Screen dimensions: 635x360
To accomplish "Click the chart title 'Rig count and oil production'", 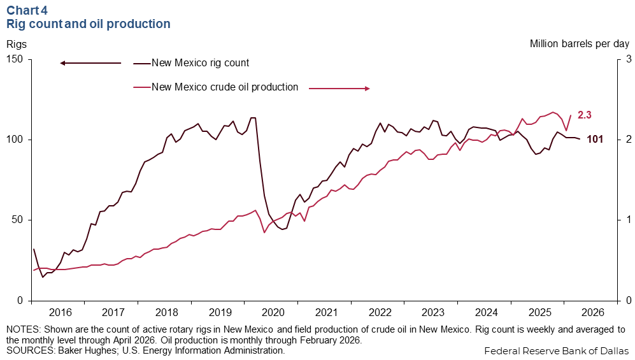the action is (x=89, y=24).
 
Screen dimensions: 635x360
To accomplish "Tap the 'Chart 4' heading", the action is (x=27, y=10).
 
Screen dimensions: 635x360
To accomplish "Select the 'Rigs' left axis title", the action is (x=17, y=44).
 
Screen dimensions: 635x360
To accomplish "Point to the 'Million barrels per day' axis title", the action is (x=580, y=44).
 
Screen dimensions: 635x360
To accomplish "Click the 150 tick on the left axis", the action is (x=14, y=59).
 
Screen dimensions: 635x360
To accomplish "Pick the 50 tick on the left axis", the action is (x=17, y=220).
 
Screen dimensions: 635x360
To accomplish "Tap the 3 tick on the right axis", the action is (x=629, y=59).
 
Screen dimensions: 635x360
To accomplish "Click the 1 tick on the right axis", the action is (x=629, y=220).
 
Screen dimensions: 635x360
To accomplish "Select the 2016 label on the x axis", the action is (x=61, y=312).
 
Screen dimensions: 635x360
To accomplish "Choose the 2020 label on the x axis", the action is (x=273, y=312).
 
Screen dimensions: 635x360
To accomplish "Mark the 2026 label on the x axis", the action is (x=593, y=312).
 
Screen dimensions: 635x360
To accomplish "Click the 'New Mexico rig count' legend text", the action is (x=201, y=63).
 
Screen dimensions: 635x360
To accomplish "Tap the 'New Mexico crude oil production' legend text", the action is (x=225, y=87).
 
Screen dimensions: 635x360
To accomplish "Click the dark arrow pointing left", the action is (x=90, y=63).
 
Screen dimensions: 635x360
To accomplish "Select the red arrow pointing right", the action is (x=339, y=89).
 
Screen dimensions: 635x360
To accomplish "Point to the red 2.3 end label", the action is (x=585, y=115).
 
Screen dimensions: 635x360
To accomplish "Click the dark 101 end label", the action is (x=595, y=140).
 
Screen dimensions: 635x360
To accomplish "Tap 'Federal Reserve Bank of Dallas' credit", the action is (x=557, y=350).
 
